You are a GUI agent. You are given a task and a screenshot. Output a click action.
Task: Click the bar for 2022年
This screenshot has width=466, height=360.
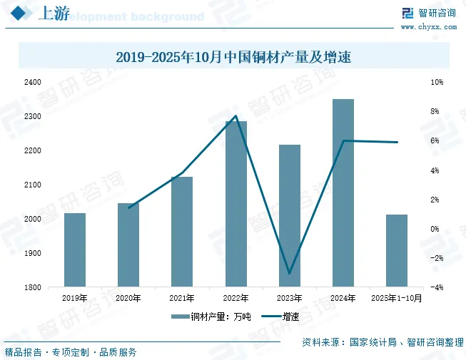pos(236,204)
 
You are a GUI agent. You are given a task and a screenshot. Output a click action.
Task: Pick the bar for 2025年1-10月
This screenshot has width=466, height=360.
pos(397,250)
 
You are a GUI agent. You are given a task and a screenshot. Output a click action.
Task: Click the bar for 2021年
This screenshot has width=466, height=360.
pos(182,232)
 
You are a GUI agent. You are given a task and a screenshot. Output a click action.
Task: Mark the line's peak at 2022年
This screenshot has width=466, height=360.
pos(235,115)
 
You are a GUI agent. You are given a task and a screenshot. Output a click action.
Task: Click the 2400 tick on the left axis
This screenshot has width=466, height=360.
pos(32,82)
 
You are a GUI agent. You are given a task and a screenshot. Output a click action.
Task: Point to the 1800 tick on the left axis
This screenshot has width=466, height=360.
pos(32,287)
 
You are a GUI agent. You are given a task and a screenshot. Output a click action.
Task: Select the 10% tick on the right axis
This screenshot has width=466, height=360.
pos(437,82)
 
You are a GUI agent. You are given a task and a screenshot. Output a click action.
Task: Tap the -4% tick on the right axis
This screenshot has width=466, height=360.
pos(437,287)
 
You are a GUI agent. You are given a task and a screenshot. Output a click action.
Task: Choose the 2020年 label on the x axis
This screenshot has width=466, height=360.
pos(128,299)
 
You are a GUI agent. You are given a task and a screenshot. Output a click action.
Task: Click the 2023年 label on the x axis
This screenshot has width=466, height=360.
pos(290,299)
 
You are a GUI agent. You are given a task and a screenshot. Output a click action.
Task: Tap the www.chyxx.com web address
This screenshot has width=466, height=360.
pos(428,27)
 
